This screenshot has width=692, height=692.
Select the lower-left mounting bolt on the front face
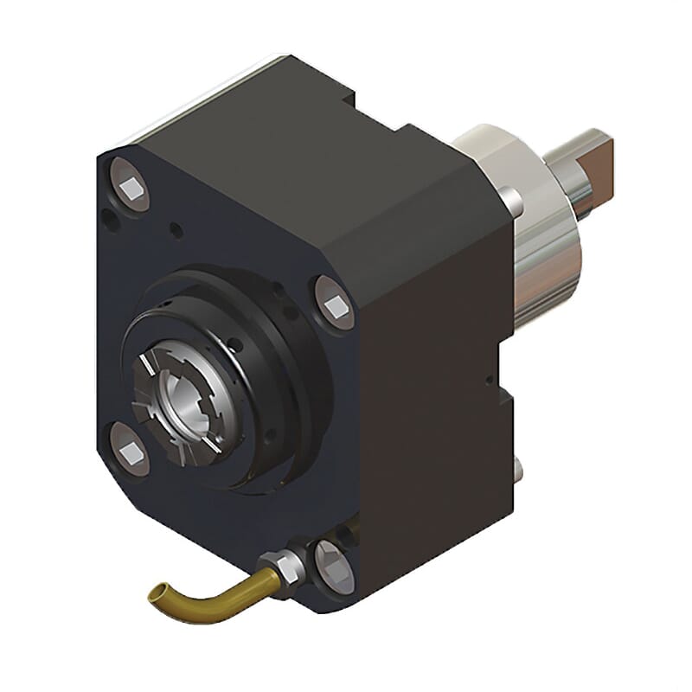[x=131, y=447]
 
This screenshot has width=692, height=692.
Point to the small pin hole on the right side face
[x=490, y=377]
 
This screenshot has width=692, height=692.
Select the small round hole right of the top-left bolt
[x=176, y=229]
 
